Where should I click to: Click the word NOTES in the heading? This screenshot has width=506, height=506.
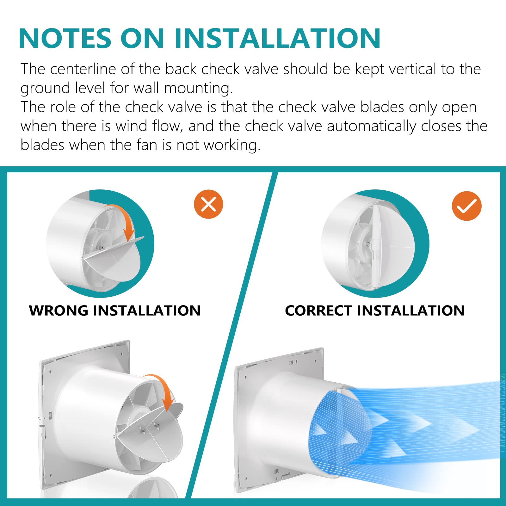click(65, 38)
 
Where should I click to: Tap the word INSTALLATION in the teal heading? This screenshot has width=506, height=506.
click(277, 38)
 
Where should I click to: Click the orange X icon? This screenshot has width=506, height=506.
click(208, 204)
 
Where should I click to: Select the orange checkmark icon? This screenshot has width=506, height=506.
click(466, 206)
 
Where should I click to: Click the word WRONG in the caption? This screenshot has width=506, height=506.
click(59, 310)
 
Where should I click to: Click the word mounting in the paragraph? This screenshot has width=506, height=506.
click(198, 88)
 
